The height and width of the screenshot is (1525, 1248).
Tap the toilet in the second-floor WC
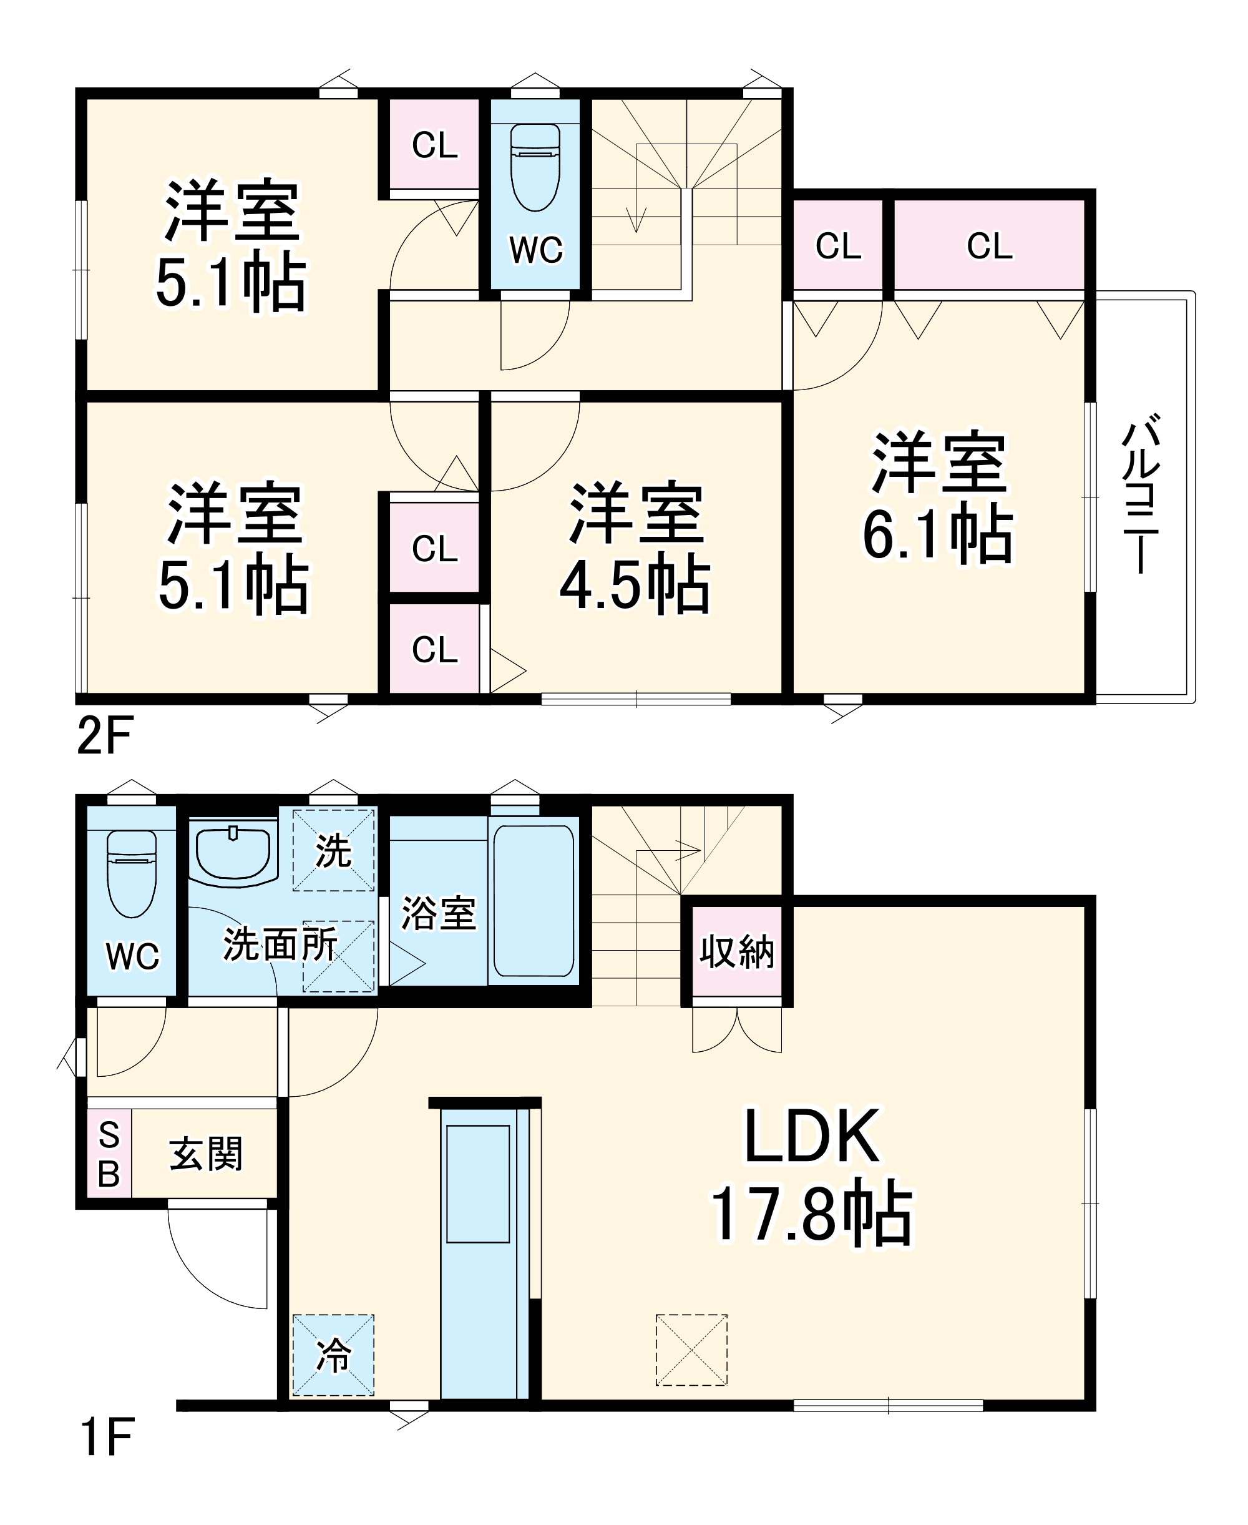(x=535, y=167)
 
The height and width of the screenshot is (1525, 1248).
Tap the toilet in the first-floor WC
(x=132, y=873)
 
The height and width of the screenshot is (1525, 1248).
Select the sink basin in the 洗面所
(x=233, y=853)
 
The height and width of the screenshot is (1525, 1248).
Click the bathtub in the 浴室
(x=534, y=900)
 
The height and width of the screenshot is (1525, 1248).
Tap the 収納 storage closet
(x=737, y=951)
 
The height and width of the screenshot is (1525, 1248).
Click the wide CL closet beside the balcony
(x=989, y=246)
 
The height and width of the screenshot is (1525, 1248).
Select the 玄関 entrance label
(x=207, y=1154)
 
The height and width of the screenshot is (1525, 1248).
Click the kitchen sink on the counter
(x=478, y=1184)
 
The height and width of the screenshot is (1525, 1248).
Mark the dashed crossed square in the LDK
(x=691, y=1350)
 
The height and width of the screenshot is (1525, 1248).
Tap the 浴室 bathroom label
(x=438, y=913)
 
